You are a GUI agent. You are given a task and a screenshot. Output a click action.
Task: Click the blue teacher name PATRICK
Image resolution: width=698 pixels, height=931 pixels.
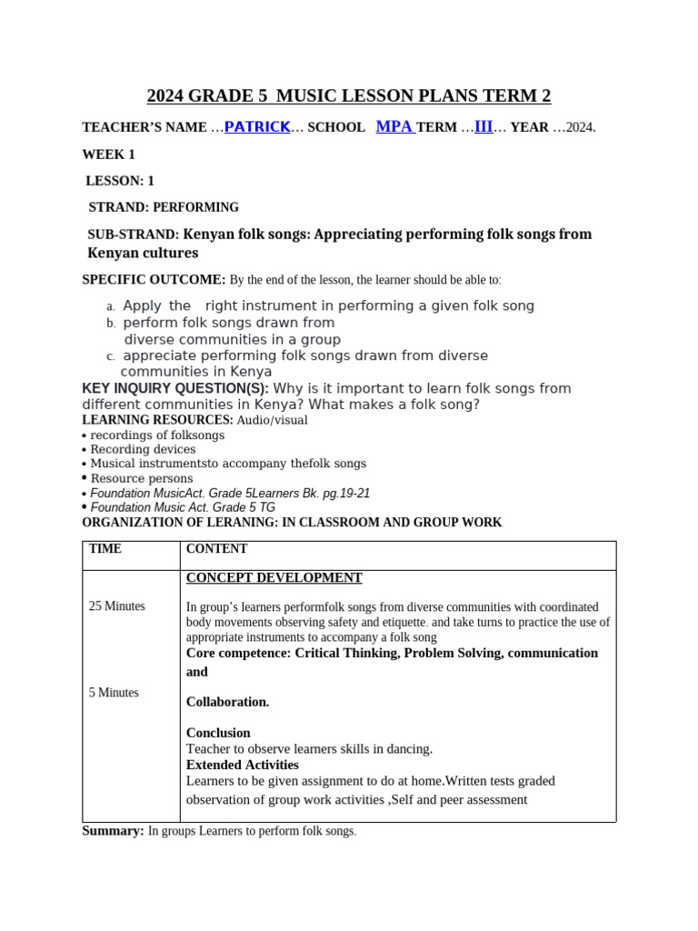click(257, 127)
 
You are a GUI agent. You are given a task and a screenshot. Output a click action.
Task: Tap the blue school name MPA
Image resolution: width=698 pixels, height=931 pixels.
click(394, 127)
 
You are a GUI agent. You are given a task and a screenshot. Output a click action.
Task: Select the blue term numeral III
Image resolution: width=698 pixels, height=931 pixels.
click(484, 127)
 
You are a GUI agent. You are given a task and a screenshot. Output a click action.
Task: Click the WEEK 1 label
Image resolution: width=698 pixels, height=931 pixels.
click(108, 155)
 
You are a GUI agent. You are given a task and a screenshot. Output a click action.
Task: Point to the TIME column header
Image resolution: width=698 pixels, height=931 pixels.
click(105, 549)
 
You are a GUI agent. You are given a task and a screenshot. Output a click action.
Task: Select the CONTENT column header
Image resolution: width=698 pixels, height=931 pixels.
click(216, 549)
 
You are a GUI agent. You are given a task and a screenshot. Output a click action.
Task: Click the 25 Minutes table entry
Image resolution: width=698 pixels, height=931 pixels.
click(116, 606)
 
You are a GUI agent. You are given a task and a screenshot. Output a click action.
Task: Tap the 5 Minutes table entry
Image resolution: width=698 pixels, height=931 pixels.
click(114, 693)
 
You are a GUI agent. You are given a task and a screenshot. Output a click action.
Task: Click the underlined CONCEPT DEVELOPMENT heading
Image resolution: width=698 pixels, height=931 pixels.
click(274, 578)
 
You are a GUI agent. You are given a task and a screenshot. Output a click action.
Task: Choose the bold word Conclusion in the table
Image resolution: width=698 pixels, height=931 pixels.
click(218, 733)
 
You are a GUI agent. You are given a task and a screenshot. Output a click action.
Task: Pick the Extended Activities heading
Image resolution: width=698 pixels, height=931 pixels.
click(242, 765)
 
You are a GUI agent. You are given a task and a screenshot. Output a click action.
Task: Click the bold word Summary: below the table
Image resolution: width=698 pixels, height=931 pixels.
click(113, 831)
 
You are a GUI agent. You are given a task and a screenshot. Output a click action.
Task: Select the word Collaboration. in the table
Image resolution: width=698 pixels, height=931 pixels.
click(227, 702)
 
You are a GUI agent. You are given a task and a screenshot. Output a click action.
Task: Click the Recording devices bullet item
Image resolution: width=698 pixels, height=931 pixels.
click(143, 449)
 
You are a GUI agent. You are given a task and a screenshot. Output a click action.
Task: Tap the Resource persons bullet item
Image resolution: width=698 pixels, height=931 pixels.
click(142, 478)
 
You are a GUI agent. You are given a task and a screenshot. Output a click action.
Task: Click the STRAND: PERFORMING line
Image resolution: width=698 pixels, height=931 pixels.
click(164, 207)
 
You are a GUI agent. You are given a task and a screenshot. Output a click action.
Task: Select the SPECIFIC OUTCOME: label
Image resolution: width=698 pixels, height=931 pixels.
click(154, 280)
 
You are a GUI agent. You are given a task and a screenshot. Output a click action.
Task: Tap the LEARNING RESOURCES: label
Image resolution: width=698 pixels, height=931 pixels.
click(157, 420)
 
